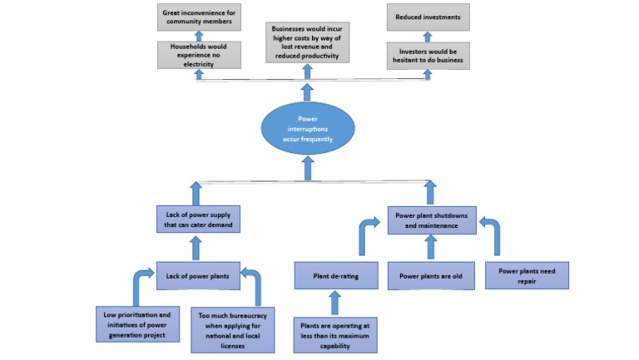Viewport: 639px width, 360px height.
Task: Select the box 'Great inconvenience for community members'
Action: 198,16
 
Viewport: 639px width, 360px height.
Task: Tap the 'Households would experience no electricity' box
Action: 198,54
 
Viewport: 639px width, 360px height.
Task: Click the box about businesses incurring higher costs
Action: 307,42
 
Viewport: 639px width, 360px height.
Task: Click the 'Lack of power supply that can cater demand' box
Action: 197,220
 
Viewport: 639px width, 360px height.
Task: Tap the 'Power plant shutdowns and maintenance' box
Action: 431,220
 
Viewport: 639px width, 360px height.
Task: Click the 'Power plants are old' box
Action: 430,275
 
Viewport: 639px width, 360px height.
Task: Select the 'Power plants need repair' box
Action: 527,275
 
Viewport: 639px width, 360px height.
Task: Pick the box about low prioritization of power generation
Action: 137,323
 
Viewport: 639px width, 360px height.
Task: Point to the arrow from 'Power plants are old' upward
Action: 430,248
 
